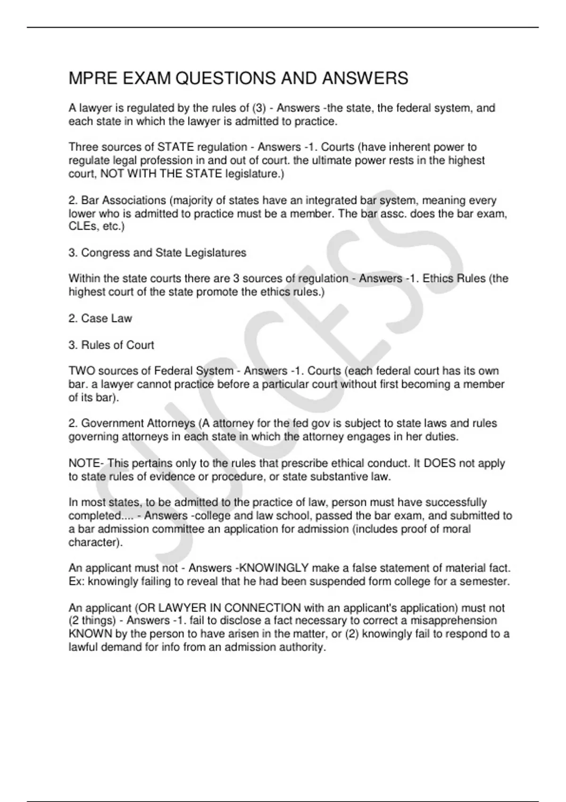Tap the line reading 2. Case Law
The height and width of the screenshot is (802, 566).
point(100,318)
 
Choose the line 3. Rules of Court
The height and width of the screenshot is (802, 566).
point(111,345)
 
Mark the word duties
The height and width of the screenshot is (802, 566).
point(442,436)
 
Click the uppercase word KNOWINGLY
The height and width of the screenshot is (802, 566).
point(274,568)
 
